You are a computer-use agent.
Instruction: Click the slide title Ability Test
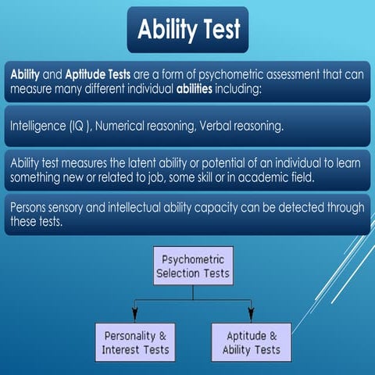point(187,30)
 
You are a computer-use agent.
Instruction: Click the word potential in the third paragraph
point(215,162)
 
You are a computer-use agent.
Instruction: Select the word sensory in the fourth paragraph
point(76,208)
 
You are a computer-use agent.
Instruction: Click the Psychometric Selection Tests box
point(192,266)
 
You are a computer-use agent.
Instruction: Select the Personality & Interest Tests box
point(135,341)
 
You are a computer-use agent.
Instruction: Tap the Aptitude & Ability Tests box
point(252,341)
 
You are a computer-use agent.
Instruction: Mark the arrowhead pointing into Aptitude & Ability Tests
point(251,318)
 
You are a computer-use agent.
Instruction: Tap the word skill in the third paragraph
point(202,176)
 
